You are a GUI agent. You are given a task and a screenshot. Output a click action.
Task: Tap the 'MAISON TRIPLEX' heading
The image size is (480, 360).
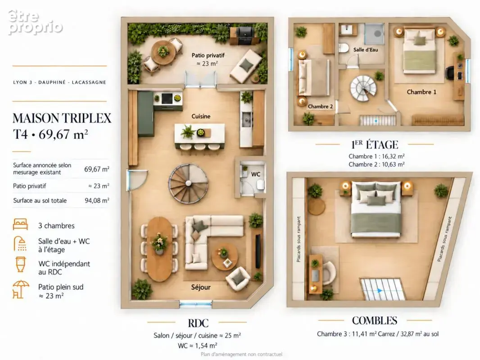click(x=62, y=118)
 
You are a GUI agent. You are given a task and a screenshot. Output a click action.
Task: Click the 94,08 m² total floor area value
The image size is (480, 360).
click(x=97, y=200)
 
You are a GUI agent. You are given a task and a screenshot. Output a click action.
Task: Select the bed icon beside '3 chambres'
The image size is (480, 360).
click(x=20, y=224)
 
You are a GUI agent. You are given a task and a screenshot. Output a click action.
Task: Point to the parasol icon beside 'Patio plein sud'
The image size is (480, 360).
click(x=21, y=289)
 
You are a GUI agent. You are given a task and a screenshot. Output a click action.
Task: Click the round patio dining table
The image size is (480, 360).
click(x=163, y=52)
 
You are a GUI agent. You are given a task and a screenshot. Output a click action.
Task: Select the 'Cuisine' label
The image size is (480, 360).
click(x=201, y=116)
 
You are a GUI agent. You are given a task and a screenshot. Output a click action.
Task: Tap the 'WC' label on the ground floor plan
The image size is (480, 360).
click(x=256, y=174)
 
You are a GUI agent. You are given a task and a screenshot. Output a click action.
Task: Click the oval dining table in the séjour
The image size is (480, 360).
click(x=159, y=249)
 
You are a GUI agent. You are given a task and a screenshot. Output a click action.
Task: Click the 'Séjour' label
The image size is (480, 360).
click(x=201, y=287)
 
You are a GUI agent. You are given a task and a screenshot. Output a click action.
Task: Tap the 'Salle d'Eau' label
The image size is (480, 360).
click(x=366, y=49)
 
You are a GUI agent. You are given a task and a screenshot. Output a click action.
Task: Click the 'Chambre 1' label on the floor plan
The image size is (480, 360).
click(x=421, y=92)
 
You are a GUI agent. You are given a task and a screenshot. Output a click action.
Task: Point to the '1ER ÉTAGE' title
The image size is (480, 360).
click(x=375, y=144)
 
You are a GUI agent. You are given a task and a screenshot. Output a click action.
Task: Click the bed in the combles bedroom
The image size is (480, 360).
click(x=376, y=210)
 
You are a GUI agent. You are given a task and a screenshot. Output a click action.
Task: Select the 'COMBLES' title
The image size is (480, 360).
click(x=375, y=320)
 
